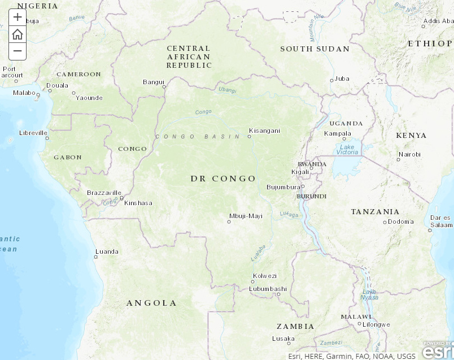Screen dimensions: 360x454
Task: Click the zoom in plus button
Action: click(18, 17)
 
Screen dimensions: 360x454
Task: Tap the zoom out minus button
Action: click(18, 51)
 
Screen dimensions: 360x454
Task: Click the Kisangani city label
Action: click(264, 131)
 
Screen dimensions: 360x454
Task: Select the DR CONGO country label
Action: click(223, 179)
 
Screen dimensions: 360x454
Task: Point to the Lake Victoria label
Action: click(347, 149)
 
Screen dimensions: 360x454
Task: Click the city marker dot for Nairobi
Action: click(399, 160)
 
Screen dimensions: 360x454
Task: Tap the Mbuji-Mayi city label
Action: click(246, 216)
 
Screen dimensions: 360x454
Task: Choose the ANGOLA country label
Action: click(151, 303)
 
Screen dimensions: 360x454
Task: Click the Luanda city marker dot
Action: click(96, 257)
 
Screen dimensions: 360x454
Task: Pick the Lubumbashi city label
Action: click(268, 289)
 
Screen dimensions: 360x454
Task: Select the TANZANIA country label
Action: click(375, 212)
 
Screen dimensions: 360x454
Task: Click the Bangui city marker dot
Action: click(164, 87)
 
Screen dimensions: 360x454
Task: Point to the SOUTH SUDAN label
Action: click(315, 49)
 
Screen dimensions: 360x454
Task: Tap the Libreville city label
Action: click(33, 133)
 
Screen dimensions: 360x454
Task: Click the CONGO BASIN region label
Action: click(190, 137)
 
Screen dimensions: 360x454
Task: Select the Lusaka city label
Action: click(283, 339)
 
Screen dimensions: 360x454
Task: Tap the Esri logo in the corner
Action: click(437, 350)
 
